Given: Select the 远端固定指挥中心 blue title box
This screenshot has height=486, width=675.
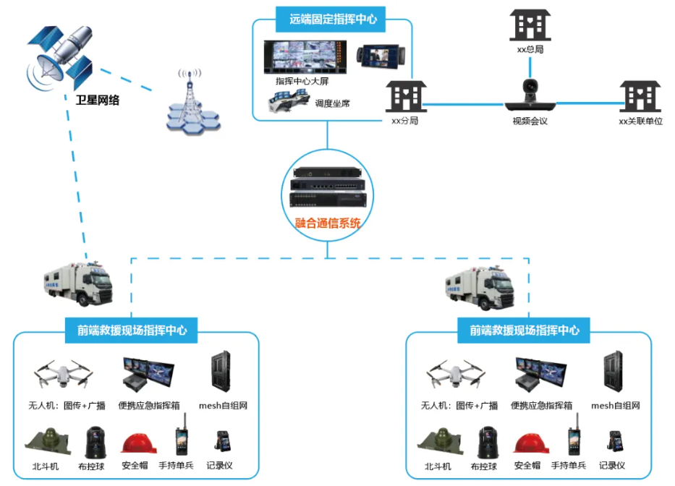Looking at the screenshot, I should coord(333,20).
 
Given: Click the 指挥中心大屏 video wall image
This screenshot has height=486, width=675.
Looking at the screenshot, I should coord(307,56).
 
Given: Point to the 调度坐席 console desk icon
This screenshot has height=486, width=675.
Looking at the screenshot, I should coord(289,101).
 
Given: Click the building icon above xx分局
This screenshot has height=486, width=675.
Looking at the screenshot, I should coord(404,95).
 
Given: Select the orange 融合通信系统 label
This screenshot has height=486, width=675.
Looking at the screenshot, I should coord(328,223).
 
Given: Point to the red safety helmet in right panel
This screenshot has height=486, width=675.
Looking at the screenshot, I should coord(527,443).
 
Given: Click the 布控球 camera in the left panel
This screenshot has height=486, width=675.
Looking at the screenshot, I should coord(95,442).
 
